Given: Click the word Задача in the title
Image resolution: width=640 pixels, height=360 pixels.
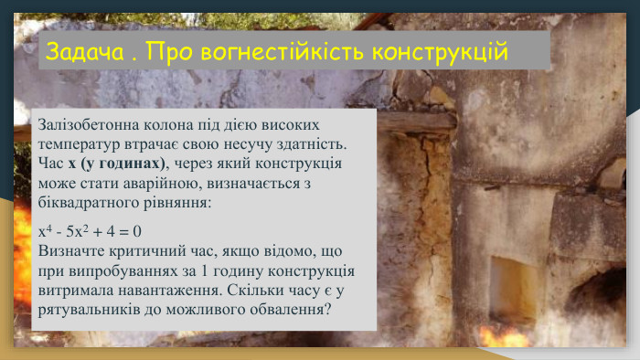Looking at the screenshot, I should click(84, 51).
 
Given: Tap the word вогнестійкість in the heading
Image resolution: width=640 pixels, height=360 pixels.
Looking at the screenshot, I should click(279, 51).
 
